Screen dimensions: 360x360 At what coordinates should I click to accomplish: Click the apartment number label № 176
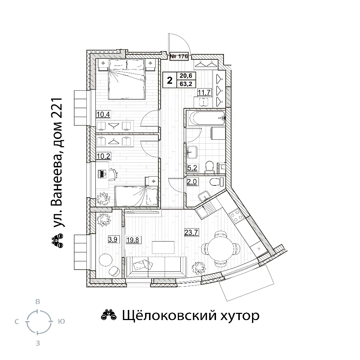pyautogui.click(x=179, y=56)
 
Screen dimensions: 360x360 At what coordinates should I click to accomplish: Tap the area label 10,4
pyautogui.click(x=103, y=114)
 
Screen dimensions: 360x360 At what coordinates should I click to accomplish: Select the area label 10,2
pyautogui.click(x=103, y=156)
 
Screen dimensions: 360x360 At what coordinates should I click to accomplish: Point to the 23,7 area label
pyautogui.click(x=192, y=233)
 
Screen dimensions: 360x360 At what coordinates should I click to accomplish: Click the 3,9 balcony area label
pyautogui.click(x=113, y=240)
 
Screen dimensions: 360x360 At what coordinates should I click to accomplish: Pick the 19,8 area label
pyautogui.click(x=133, y=240)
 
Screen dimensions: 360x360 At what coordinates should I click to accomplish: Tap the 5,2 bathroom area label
pyautogui.click(x=192, y=168)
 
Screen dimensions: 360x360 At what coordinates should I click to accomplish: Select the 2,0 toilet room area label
pyautogui.click(x=192, y=182)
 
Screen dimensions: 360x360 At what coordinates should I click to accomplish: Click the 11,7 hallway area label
pyautogui.click(x=204, y=93)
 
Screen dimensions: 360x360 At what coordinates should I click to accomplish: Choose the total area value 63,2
pyautogui.click(x=186, y=84)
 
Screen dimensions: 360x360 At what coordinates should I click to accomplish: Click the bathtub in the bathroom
pyautogui.click(x=206, y=118)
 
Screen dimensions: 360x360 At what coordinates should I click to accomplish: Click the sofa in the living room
pyautogui.click(x=156, y=267)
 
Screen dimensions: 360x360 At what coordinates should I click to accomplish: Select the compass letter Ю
pyautogui.click(x=61, y=321)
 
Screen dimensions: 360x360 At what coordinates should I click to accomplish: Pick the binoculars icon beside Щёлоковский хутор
pyautogui.click(x=109, y=315)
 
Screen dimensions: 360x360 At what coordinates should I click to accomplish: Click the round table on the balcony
pyautogui.click(x=106, y=260)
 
